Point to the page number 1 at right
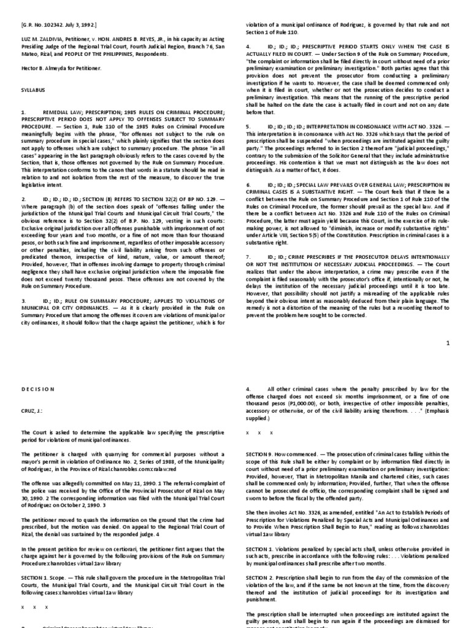448,343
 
